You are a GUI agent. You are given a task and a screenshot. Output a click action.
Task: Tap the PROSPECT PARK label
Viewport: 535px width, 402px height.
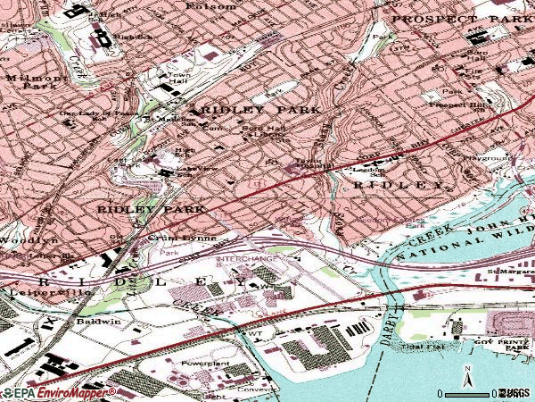(x=461, y=18)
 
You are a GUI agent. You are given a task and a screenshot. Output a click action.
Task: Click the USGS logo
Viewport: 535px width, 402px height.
(x=518, y=393)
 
